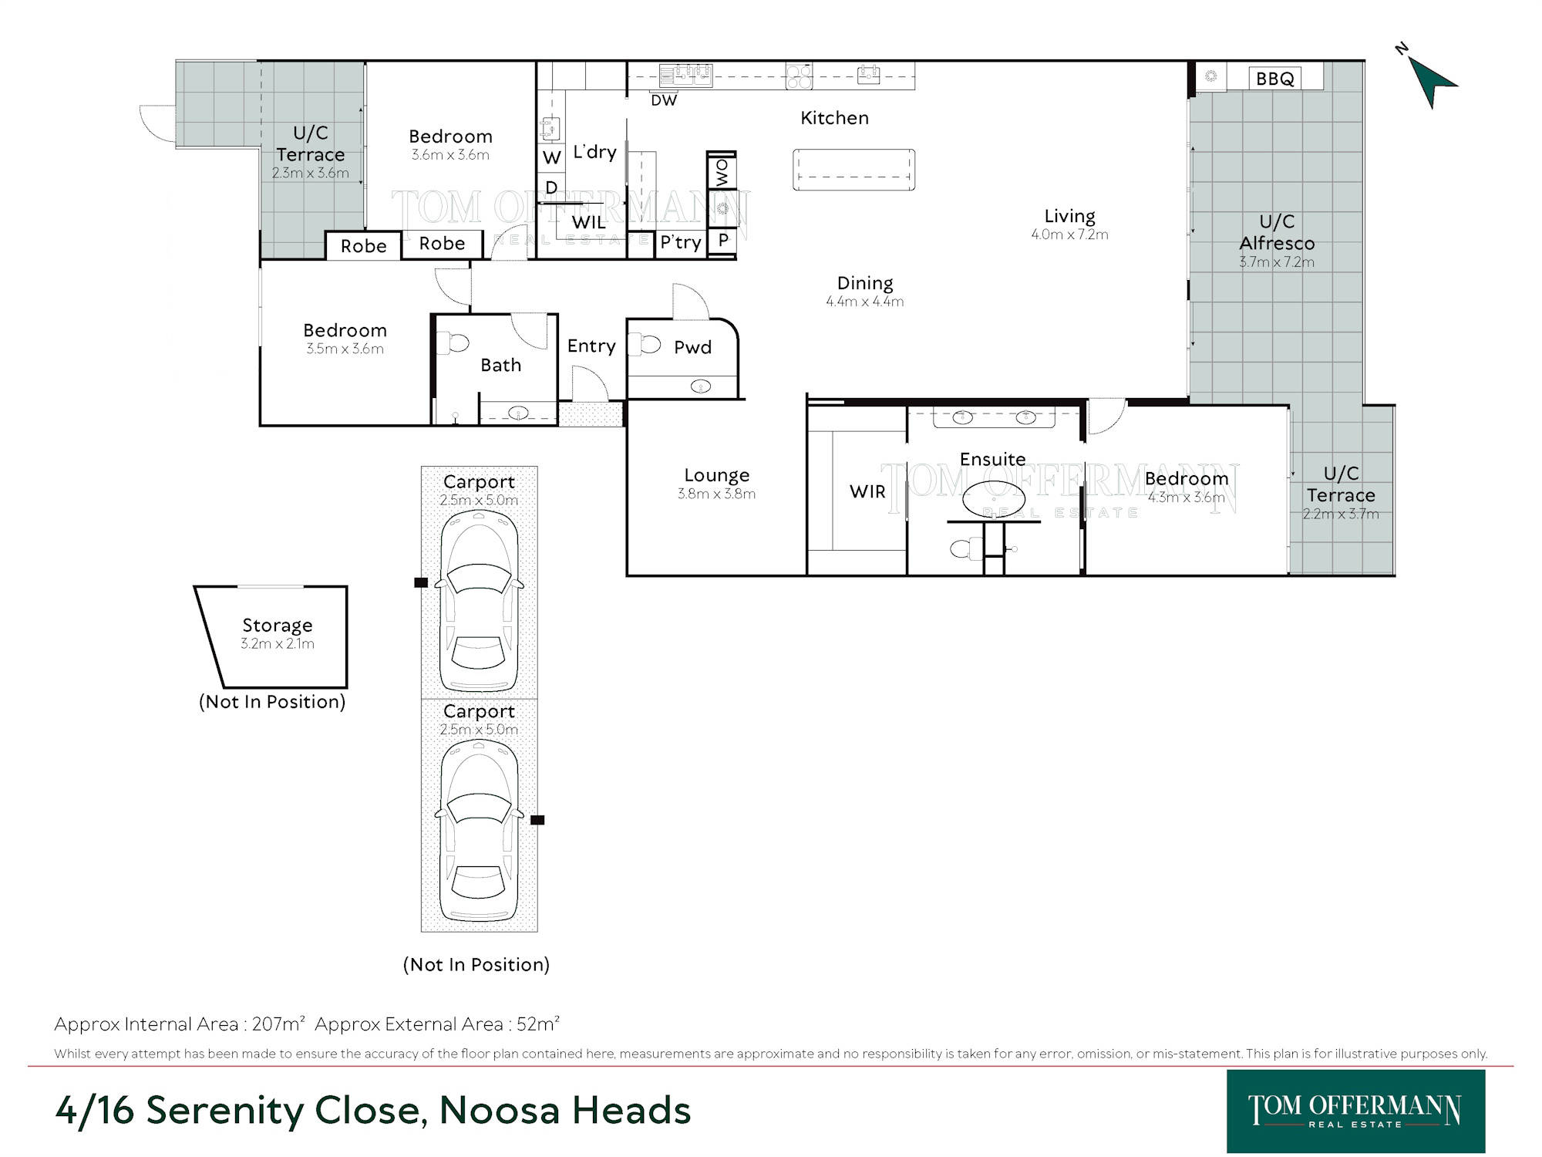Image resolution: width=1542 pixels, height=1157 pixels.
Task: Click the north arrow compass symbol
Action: [1430, 79]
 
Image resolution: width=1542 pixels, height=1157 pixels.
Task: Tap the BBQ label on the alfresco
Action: [1274, 79]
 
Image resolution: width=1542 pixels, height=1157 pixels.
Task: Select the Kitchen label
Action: [834, 118]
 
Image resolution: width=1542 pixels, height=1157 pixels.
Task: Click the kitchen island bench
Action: [853, 170]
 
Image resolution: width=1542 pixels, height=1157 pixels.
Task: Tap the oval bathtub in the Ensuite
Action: [994, 499]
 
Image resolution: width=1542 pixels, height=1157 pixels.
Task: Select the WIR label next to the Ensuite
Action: [867, 491]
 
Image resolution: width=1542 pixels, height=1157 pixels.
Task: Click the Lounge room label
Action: [716, 476]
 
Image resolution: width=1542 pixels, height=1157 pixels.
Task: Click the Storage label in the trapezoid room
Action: [277, 626]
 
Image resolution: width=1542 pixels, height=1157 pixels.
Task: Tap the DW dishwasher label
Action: [664, 100]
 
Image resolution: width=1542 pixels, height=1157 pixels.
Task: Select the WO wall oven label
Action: [722, 173]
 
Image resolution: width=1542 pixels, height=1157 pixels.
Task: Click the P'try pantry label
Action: [681, 242]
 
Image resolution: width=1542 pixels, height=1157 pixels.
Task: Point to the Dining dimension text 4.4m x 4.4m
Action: [865, 302]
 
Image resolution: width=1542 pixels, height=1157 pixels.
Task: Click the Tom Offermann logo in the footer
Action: [1355, 1111]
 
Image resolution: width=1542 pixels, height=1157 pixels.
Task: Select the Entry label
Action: [591, 346]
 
